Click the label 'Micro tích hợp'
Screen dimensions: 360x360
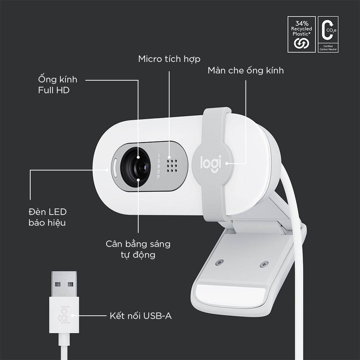(x=169, y=59)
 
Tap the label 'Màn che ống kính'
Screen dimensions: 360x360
(x=246, y=70)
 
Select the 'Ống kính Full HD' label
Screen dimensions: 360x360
(x=58, y=85)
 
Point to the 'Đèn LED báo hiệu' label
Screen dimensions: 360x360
(x=47, y=217)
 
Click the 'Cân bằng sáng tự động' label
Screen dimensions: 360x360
(x=138, y=249)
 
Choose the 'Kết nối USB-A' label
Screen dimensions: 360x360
(x=140, y=316)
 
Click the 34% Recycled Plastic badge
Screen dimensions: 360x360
(x=301, y=34)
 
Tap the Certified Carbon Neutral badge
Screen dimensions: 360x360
(x=328, y=34)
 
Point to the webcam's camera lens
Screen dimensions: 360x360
(x=139, y=167)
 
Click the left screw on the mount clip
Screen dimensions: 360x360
(x=218, y=263)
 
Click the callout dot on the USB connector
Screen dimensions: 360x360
(x=73, y=316)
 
